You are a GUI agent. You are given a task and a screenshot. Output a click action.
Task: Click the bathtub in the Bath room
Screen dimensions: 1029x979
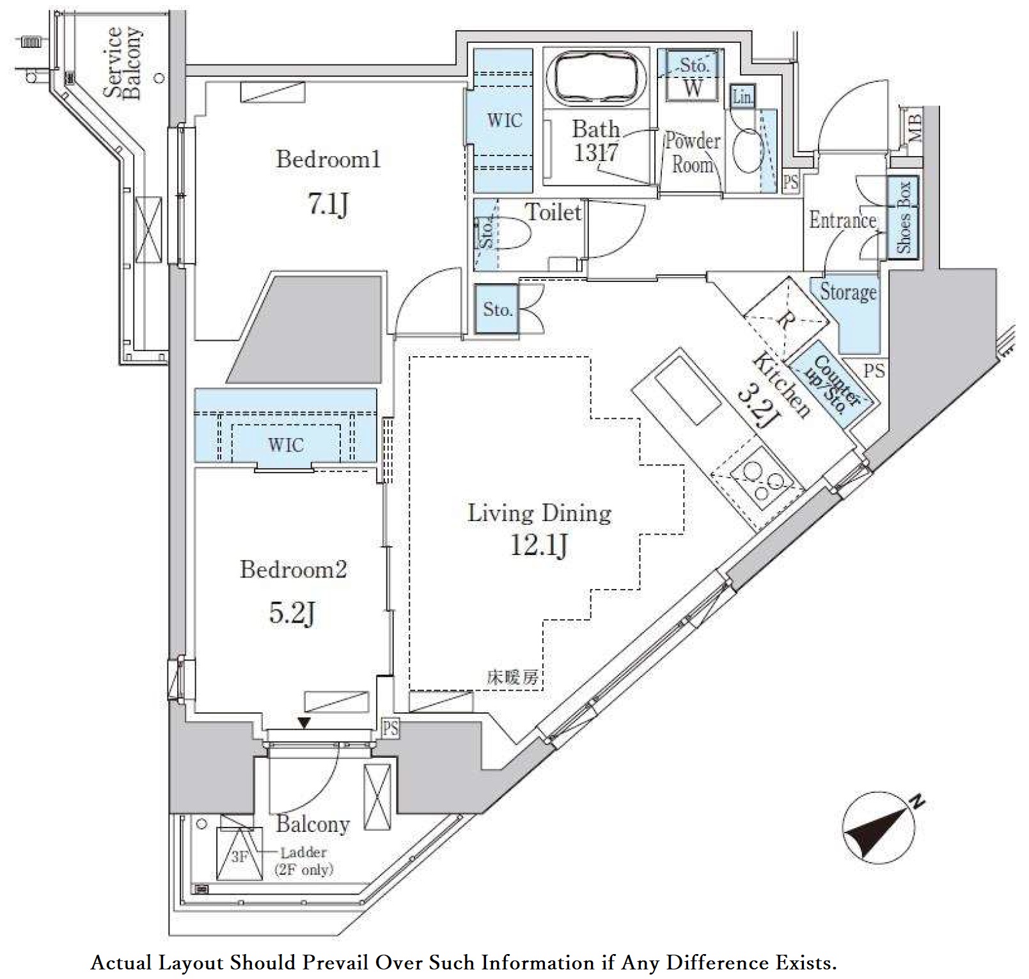[595, 78]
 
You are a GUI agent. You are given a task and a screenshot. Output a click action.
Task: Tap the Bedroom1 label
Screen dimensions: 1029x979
[328, 159]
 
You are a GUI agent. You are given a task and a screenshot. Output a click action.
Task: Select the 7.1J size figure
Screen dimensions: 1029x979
[328, 205]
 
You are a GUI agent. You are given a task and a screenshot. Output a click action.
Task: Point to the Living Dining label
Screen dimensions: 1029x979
[539, 513]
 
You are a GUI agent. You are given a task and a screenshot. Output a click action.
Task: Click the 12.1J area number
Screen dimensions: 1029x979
[538, 545]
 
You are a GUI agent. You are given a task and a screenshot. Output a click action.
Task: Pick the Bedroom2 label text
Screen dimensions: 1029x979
[293, 569]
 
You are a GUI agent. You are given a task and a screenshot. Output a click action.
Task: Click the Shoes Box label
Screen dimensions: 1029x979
[903, 217]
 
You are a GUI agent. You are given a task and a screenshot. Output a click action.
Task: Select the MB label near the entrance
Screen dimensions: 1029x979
[914, 128]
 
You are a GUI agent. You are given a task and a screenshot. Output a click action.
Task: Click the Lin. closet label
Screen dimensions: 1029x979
[742, 98]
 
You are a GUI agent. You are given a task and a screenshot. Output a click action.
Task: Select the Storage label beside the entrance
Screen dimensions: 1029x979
[848, 292]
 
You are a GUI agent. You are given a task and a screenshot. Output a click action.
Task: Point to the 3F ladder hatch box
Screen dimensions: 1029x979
[239, 854]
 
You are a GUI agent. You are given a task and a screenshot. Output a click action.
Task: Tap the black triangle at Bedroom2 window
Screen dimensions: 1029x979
[304, 723]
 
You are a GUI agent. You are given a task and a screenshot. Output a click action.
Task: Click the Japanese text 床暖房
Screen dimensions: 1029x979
[513, 678]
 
